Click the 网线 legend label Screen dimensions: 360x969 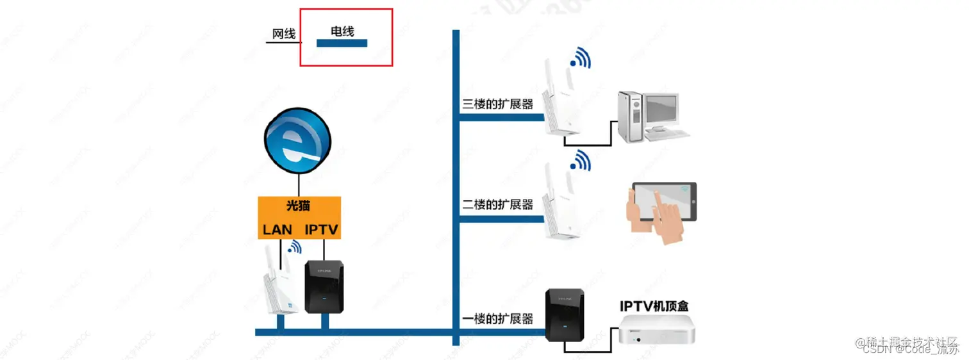coord(284,34)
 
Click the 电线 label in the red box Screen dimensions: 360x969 coord(342,30)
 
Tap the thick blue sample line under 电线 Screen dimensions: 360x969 coord(342,44)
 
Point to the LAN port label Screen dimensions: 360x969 coord(277,229)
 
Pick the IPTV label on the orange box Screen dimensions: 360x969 coord(321,229)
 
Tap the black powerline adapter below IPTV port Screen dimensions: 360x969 coord(324,286)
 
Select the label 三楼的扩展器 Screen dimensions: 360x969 coord(498,104)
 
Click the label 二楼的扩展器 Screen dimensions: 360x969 coord(498,205)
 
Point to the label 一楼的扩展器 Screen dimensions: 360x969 coord(498,319)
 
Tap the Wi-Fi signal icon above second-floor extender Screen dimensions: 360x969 coord(581,160)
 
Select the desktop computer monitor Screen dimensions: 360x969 coord(660,110)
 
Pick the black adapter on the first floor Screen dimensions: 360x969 coord(565,315)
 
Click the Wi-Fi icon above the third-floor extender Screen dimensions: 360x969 coord(581,58)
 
